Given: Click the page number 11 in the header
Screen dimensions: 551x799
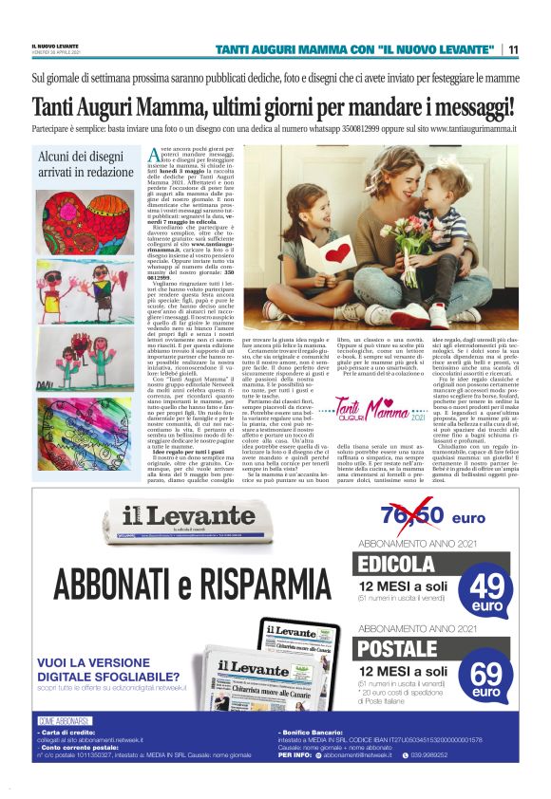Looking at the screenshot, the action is [x=513, y=49].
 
